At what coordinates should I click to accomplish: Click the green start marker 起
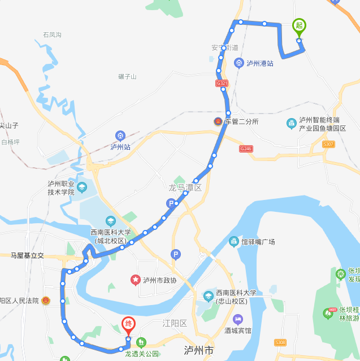pos(299,26)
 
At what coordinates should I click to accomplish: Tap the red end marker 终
pos(128,324)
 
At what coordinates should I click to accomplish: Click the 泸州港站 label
pos(260,63)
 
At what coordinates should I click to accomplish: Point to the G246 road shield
pos(246,148)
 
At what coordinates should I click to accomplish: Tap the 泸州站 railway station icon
pos(120,136)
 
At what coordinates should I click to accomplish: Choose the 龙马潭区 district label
pos(185,187)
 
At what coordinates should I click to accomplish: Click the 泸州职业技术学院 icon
pos(83,188)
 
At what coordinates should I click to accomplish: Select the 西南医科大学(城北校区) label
pos(111,236)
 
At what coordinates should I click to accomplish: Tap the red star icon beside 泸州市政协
pos(136,280)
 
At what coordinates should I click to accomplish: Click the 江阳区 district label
pos(175,323)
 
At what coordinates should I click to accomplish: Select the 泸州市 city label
pos(198,351)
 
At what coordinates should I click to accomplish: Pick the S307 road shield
pos(328,145)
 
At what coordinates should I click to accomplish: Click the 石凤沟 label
pos(52,35)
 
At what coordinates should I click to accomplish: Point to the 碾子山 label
pos(127,76)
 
